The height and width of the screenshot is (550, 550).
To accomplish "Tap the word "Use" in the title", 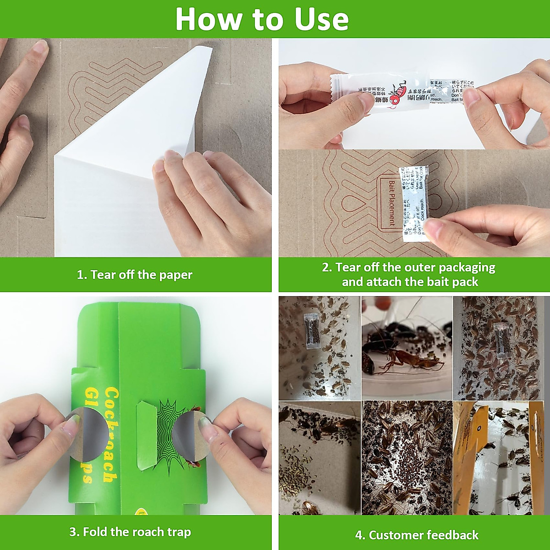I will tap(321, 19).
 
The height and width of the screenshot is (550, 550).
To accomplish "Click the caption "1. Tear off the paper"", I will tap(134, 275).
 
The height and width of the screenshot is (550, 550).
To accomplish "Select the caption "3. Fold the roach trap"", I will tap(130, 532).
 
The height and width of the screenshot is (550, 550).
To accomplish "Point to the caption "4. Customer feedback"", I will tap(416, 535).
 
